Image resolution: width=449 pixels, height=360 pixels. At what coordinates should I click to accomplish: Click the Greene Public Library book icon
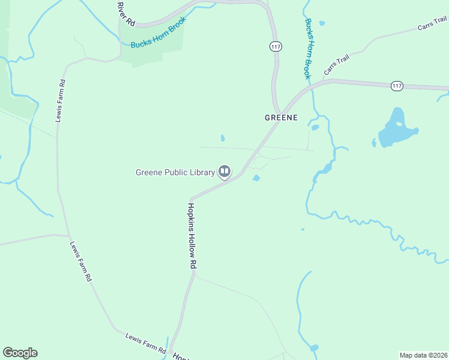tap(224, 172)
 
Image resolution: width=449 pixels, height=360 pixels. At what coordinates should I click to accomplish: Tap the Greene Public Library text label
tap(175, 173)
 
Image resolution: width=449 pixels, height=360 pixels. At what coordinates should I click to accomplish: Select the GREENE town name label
tap(282, 118)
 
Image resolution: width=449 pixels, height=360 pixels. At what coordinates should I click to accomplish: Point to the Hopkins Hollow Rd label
tap(192, 235)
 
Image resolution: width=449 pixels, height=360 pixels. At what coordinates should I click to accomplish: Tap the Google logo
tap(20, 353)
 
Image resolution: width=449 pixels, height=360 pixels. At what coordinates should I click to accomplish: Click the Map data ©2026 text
tap(423, 355)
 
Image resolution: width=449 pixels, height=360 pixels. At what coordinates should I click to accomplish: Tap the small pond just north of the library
tap(223, 138)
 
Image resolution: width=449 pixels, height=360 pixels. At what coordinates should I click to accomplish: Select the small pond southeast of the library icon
tap(256, 178)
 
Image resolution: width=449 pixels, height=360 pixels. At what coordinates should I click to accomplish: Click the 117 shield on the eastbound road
tap(396, 86)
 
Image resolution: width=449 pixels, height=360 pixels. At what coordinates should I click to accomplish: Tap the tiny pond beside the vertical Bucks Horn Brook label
tap(322, 23)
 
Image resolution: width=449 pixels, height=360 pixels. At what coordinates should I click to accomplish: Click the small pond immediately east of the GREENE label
tap(315, 127)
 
